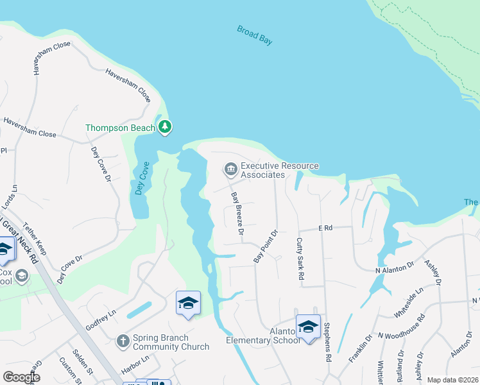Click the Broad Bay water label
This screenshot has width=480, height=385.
pyautogui.click(x=255, y=35)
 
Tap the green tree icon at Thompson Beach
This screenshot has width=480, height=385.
pyautogui.click(x=166, y=127)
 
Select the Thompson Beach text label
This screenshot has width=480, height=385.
pyautogui.click(x=121, y=128)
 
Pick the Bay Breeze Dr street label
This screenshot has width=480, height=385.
pyautogui.click(x=237, y=214)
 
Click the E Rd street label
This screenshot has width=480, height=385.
pyautogui.click(x=325, y=228)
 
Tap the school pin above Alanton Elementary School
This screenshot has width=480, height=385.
pyautogui.click(x=308, y=327)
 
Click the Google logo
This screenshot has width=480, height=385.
pyautogui.click(x=22, y=377)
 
